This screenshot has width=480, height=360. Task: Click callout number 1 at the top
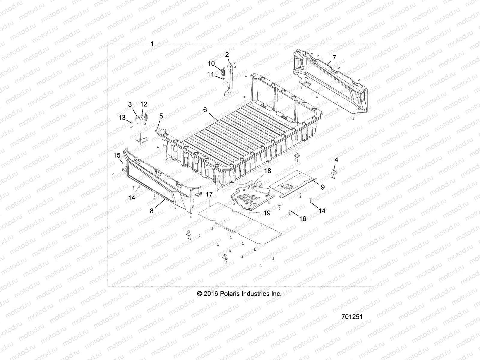(x=152, y=44)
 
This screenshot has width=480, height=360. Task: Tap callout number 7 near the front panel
(x=334, y=57)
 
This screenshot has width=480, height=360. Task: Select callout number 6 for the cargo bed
(x=205, y=110)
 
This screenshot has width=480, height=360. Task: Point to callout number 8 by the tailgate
(x=151, y=211)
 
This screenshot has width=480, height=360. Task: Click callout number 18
(x=267, y=171)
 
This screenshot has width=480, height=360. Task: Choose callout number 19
(x=267, y=213)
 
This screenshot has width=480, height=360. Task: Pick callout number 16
(x=303, y=219)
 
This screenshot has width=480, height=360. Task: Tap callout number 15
(x=117, y=155)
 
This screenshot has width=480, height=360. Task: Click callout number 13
(x=122, y=118)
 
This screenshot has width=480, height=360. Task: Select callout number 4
(x=336, y=160)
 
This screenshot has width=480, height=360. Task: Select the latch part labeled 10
(x=223, y=73)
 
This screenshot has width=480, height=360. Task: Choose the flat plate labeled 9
(x=292, y=183)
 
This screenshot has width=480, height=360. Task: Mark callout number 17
(x=209, y=194)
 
